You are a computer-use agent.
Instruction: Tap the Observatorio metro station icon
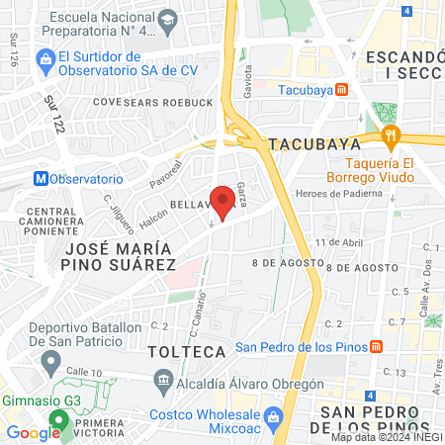coord(41,179)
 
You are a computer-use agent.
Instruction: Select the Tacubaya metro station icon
coord(341,89)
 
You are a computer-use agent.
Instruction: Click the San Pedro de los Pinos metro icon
coord(377,347)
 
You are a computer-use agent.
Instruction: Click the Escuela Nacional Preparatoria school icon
coord(169,19)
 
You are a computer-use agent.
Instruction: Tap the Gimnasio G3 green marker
coord(59,421)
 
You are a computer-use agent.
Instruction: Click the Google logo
coord(33,433)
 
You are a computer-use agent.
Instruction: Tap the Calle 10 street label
coord(85,371)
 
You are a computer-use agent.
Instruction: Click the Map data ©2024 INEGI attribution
coord(385,437)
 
